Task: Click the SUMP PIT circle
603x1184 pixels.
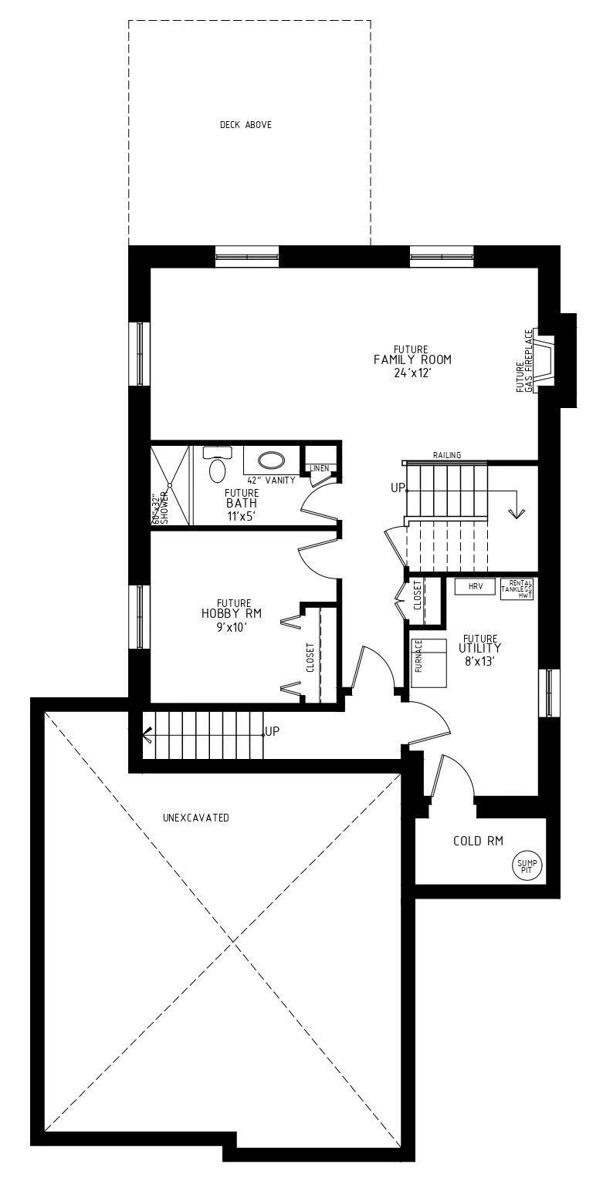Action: tap(527, 866)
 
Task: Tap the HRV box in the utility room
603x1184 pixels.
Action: tap(474, 586)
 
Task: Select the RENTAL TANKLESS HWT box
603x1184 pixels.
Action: tap(517, 589)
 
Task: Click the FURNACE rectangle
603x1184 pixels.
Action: tap(429, 663)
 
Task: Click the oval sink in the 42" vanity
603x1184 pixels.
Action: tap(271, 460)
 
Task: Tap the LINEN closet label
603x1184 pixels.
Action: tap(320, 468)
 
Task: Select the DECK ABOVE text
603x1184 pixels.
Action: tap(246, 125)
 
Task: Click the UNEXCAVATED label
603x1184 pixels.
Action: tap(195, 818)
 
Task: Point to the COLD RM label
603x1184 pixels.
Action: tap(478, 841)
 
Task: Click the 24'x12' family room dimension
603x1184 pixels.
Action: tap(413, 373)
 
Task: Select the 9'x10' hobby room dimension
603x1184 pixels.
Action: tap(232, 627)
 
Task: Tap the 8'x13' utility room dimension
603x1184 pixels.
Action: tap(479, 661)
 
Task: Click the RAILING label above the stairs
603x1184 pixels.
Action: tap(447, 455)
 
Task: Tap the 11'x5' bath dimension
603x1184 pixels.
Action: tap(242, 517)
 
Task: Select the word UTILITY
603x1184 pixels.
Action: tap(479, 648)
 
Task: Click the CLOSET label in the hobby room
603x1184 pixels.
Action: tap(310, 657)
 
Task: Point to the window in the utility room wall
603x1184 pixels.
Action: tap(550, 693)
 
